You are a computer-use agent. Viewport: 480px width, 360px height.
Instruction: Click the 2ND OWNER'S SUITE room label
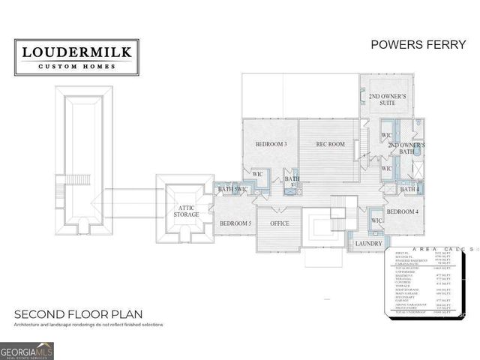tap(387, 100)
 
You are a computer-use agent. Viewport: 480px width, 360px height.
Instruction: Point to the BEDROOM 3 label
tap(271, 143)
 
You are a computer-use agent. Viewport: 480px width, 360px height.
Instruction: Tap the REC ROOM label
tap(330, 143)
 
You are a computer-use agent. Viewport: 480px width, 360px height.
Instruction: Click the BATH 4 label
tap(409, 189)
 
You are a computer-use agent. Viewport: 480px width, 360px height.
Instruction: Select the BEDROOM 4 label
tap(402, 212)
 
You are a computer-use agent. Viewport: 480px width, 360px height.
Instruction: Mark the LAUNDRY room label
tap(369, 243)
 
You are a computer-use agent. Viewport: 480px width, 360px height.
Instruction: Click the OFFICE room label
tap(279, 223)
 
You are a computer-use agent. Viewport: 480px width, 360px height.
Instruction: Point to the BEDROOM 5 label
tap(235, 223)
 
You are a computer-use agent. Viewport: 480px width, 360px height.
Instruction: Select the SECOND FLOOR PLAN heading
tap(78, 313)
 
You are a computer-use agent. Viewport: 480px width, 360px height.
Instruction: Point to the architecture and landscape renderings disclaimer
tap(88, 325)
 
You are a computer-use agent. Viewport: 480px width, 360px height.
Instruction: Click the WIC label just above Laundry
tap(376, 221)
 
